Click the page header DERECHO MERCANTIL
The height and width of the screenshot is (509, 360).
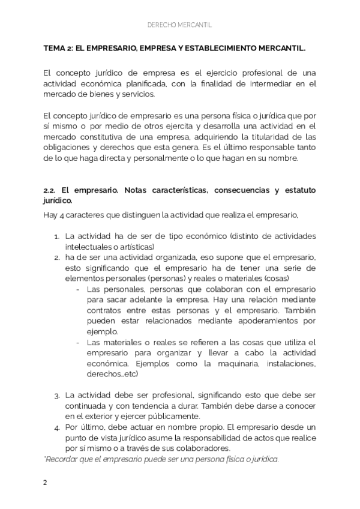point(179,26)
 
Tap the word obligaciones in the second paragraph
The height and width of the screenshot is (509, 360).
point(66,147)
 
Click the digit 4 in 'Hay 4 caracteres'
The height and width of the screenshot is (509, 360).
point(61,214)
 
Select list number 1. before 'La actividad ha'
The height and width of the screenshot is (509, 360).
point(56,236)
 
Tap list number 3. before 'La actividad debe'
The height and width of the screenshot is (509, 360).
point(56,396)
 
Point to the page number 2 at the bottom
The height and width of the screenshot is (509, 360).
point(45,483)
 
